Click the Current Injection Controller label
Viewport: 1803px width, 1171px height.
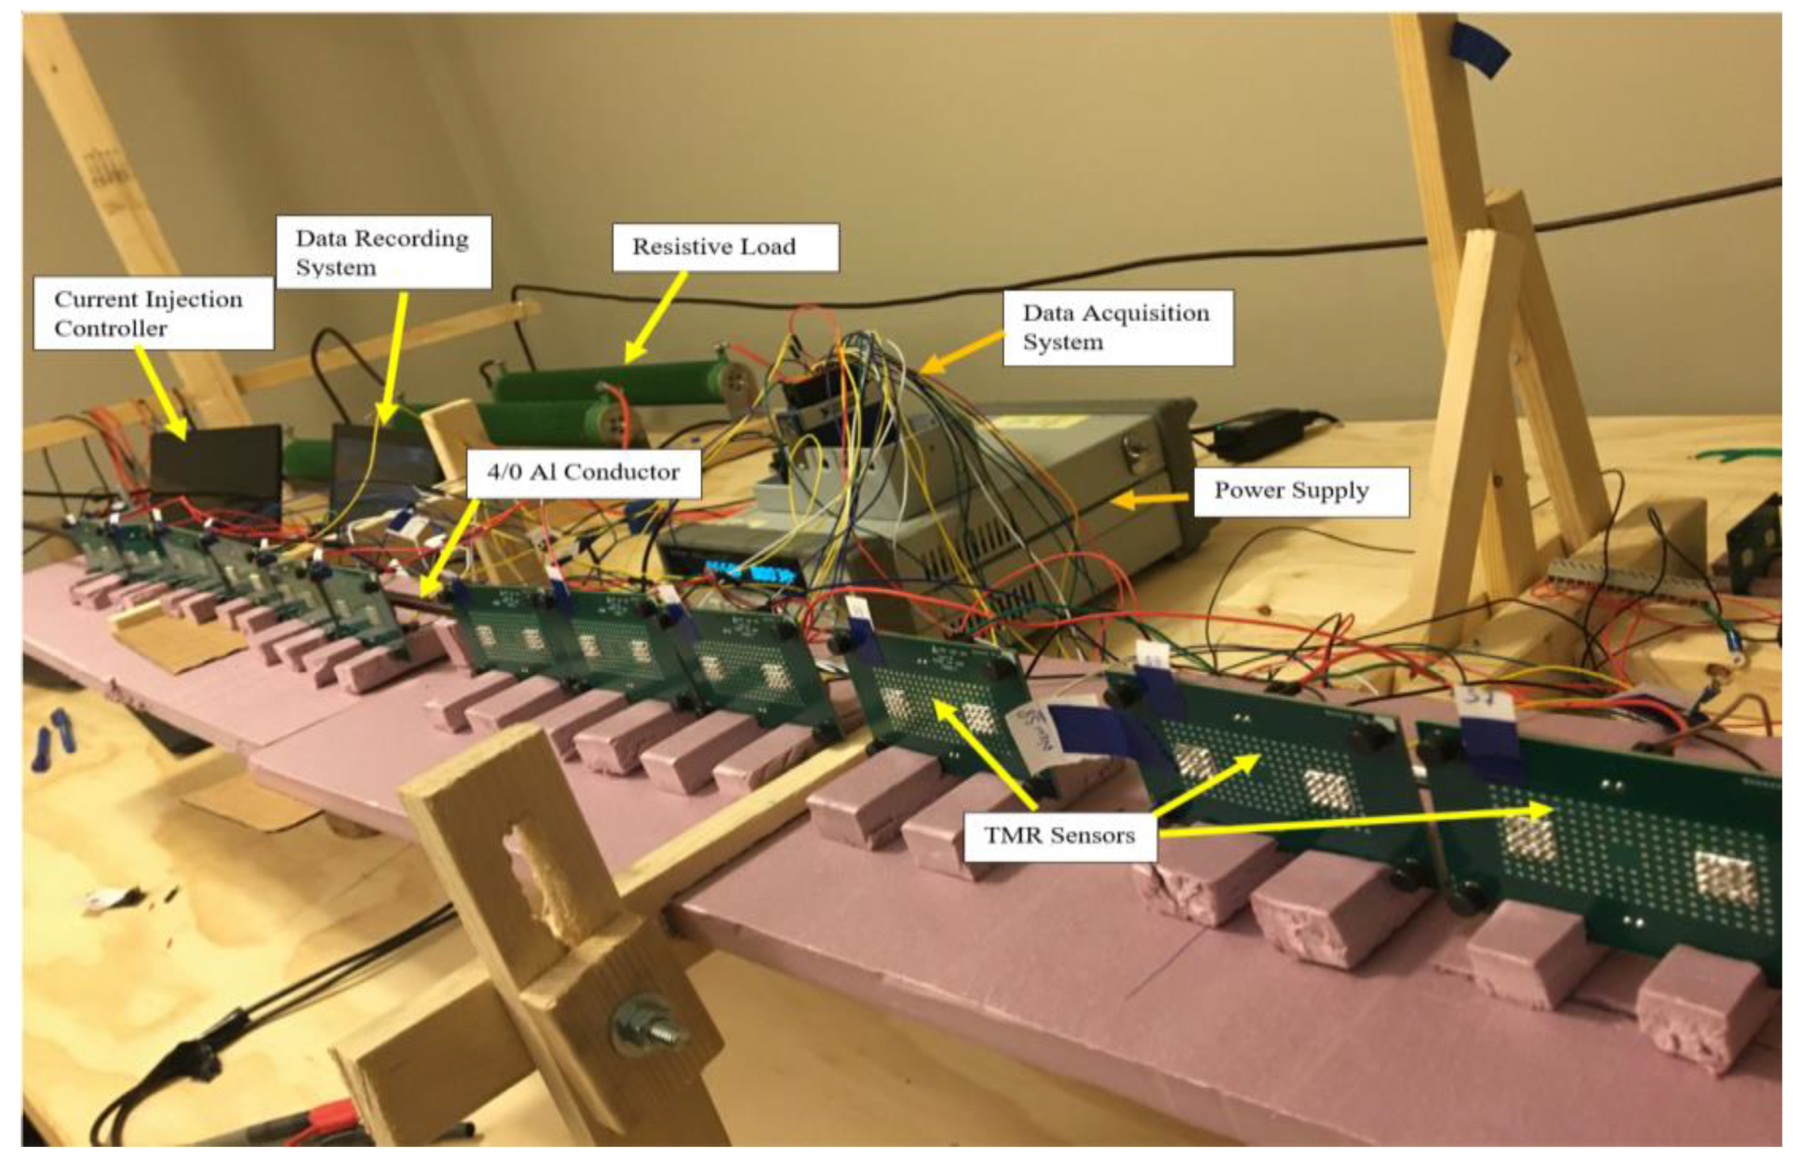(x=153, y=313)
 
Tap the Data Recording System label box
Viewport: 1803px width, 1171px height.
(x=383, y=252)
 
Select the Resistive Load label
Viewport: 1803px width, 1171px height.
(x=725, y=247)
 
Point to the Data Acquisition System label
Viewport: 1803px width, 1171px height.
(x=1117, y=327)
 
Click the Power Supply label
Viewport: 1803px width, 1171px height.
(x=1301, y=491)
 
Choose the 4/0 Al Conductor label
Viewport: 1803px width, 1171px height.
(x=583, y=473)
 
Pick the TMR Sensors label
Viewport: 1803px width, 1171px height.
(x=1059, y=836)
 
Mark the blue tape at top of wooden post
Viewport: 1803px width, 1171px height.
(x=1480, y=50)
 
